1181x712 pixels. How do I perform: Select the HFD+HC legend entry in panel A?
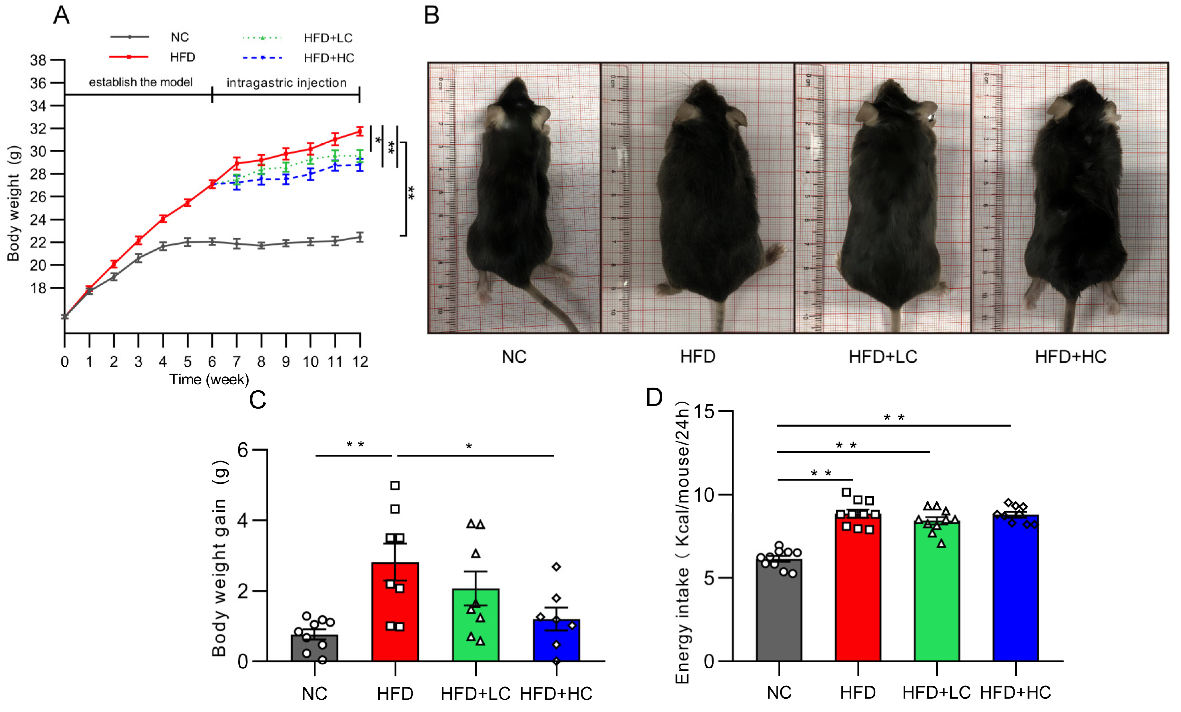328,58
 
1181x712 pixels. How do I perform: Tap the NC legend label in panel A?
180,37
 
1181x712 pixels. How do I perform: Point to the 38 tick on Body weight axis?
38,60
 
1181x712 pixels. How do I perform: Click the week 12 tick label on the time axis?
360,362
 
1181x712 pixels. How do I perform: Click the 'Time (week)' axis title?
209,379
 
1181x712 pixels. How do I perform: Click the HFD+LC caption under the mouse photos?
883,357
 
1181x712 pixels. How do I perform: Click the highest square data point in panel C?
395,486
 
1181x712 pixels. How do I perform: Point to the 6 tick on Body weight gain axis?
243,450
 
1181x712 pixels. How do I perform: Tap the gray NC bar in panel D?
779,613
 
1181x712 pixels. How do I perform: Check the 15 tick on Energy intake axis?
704,411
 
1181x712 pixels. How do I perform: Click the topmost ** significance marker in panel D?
894,418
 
